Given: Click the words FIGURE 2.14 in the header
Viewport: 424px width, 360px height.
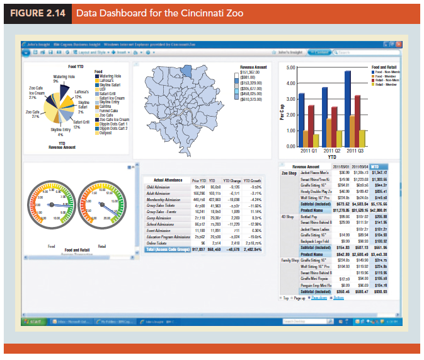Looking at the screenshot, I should point(37,13).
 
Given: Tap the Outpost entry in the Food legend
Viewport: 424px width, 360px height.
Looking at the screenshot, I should point(105,133).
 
